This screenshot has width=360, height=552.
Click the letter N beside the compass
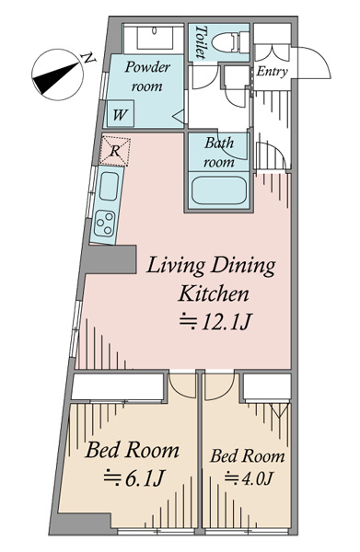pos(88,59)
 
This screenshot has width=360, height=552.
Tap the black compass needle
pos(55,78)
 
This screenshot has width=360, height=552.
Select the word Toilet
pos(201,41)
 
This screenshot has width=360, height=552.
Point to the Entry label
pos(272,72)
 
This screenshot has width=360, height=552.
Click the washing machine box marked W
pos(121,113)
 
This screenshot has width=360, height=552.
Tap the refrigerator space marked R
pos(115,152)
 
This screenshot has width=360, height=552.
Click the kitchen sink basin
pos(109,186)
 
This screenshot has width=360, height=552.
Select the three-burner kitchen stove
pos(105,224)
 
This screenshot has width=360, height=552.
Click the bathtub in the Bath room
pos(219,190)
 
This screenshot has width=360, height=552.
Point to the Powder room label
pos(147,76)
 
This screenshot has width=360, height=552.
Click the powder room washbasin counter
pos(154,39)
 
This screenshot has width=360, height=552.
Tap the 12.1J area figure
pos(215,321)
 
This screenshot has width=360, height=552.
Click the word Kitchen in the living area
pos(214,294)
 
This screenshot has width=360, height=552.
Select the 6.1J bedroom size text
pos(134,478)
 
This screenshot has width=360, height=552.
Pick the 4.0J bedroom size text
pos(249,478)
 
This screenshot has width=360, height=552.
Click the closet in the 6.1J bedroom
pos(118,386)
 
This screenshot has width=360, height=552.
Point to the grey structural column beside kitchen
pos(110,259)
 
